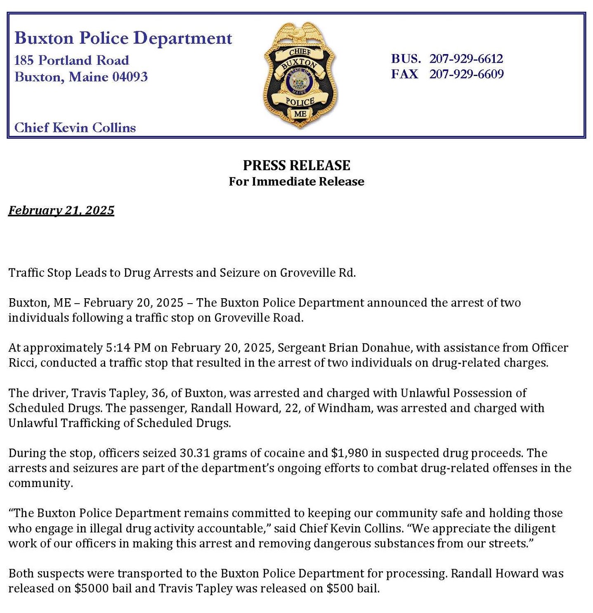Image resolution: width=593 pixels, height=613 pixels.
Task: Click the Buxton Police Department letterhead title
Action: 123,38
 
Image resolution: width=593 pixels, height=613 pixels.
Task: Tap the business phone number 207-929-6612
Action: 466,59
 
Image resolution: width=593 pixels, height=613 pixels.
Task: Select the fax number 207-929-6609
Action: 466,74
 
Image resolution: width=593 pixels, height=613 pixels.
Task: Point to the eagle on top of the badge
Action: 300,32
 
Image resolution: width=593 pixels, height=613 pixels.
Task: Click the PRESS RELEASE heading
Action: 296,165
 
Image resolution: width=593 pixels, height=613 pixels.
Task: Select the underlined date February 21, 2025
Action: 61,210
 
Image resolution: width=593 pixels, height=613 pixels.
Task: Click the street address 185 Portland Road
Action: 72,60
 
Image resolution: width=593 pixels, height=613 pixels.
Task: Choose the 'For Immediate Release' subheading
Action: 296,182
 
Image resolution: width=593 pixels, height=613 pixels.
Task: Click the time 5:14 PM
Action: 128,348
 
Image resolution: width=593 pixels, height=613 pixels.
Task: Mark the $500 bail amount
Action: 340,588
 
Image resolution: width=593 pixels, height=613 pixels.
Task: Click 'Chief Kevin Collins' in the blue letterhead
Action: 75,128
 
